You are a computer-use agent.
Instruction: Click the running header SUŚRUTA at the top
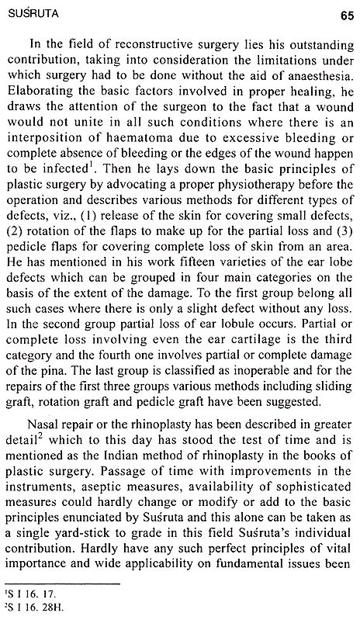(30, 12)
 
